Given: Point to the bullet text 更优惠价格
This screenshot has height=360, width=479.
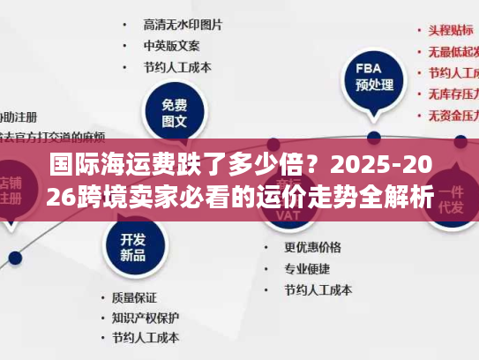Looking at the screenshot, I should tap(313, 248).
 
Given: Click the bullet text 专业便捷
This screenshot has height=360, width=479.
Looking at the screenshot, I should tap(307, 268).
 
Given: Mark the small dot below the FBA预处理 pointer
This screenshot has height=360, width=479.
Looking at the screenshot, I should tap(373, 138).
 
